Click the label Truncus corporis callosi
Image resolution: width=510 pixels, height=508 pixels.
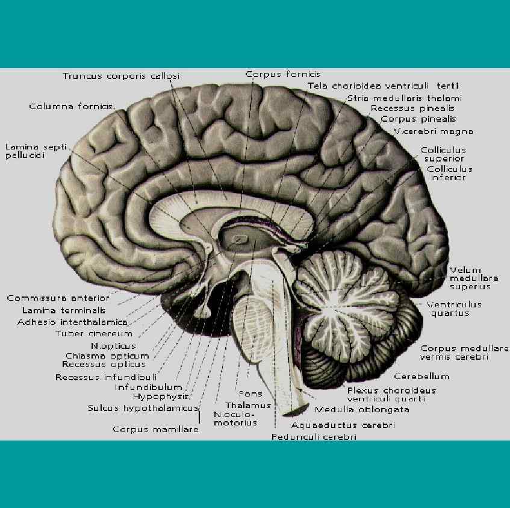click(121, 76)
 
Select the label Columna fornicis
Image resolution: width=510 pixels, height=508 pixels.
click(71, 107)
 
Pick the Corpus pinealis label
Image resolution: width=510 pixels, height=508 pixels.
click(418, 119)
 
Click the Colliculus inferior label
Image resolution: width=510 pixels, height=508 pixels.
click(449, 173)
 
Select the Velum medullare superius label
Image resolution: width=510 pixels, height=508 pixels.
click(473, 278)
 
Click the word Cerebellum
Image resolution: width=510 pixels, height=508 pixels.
click(421, 376)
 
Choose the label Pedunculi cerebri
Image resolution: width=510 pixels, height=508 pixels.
click(313, 437)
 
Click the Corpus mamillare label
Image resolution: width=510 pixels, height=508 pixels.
click(155, 429)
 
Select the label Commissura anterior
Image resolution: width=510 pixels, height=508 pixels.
click(58, 298)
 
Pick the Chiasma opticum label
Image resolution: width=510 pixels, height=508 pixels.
click(107, 356)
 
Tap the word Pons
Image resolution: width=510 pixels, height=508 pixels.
click(250, 394)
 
